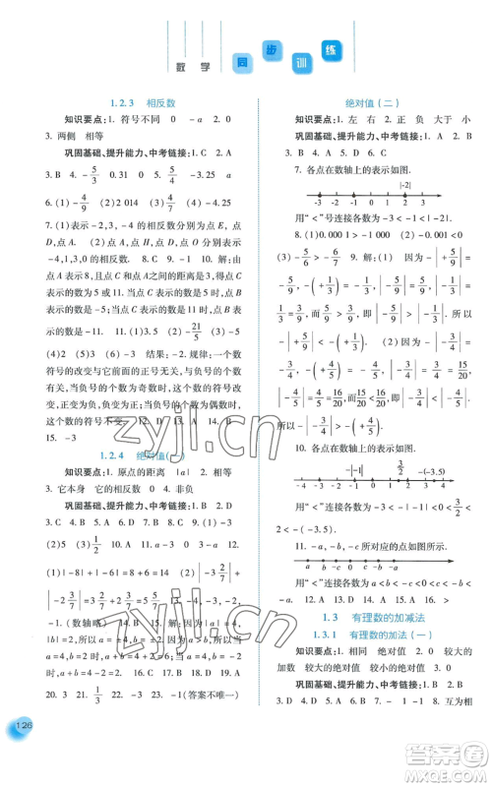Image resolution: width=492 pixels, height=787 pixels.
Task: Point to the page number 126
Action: tap(21, 756)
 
